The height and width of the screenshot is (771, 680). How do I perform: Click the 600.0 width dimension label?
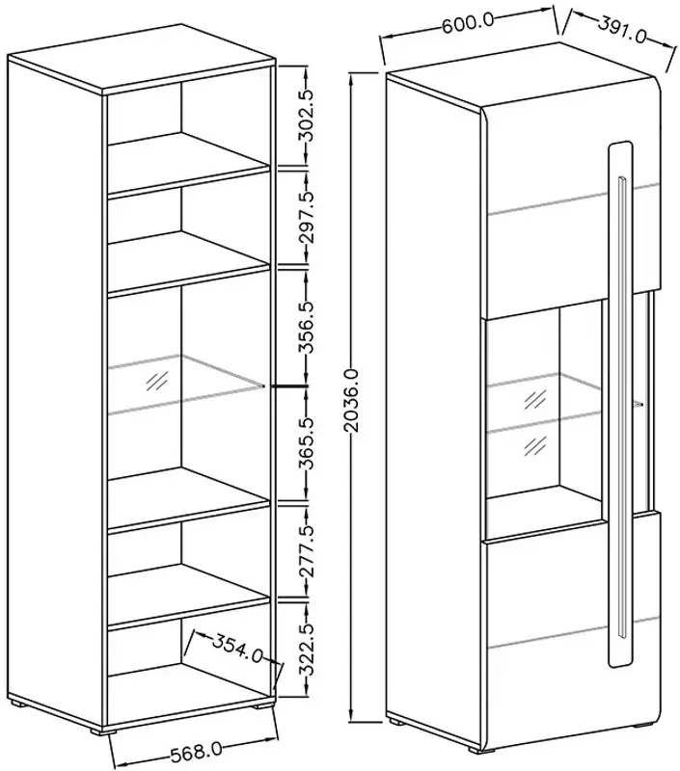coord(468,23)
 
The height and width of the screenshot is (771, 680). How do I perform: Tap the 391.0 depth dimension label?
coord(622,29)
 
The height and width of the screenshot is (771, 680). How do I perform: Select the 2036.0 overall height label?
coord(352,401)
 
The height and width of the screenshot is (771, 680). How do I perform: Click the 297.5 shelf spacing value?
coord(308,218)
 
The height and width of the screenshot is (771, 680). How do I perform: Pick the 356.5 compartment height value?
coord(308,328)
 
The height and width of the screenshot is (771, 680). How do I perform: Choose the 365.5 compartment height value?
coord(308,443)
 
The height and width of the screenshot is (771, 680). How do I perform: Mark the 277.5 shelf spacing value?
coord(308,550)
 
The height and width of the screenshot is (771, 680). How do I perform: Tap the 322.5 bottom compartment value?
coord(308,648)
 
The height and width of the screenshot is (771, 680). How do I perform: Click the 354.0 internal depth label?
coord(237,648)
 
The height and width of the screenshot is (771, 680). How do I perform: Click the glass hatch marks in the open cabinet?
coord(157,381)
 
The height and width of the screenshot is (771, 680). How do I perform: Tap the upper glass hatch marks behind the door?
coord(535,400)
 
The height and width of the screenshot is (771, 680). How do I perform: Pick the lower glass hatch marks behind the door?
coord(535,445)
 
